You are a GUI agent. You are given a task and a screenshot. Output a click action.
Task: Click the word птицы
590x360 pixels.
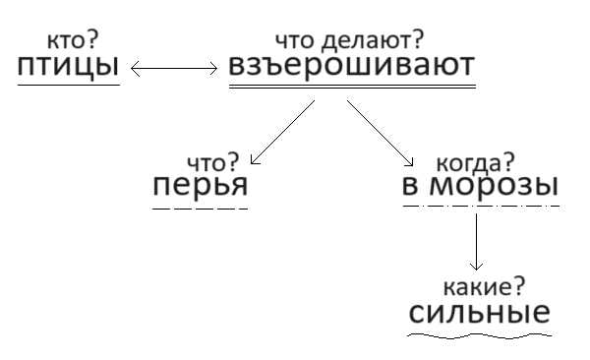69,69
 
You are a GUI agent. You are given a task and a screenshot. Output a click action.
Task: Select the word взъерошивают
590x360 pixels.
351,68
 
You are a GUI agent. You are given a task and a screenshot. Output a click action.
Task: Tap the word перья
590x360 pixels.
201,187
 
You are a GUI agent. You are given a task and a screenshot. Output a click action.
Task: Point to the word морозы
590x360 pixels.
495,186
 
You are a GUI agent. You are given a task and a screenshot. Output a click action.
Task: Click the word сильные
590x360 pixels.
478,315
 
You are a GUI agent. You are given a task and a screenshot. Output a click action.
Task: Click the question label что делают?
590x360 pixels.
350,40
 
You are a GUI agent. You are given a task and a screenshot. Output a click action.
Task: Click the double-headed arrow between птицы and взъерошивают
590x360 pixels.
174,69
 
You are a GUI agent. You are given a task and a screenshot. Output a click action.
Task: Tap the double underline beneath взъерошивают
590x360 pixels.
351,88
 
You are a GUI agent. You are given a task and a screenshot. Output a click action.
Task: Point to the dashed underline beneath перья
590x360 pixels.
201,208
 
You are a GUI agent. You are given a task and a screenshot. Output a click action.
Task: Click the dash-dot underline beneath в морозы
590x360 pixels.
481,206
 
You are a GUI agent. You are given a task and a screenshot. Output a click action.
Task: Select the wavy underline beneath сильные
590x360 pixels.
478,334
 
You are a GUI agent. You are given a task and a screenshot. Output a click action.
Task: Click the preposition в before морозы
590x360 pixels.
411,187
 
